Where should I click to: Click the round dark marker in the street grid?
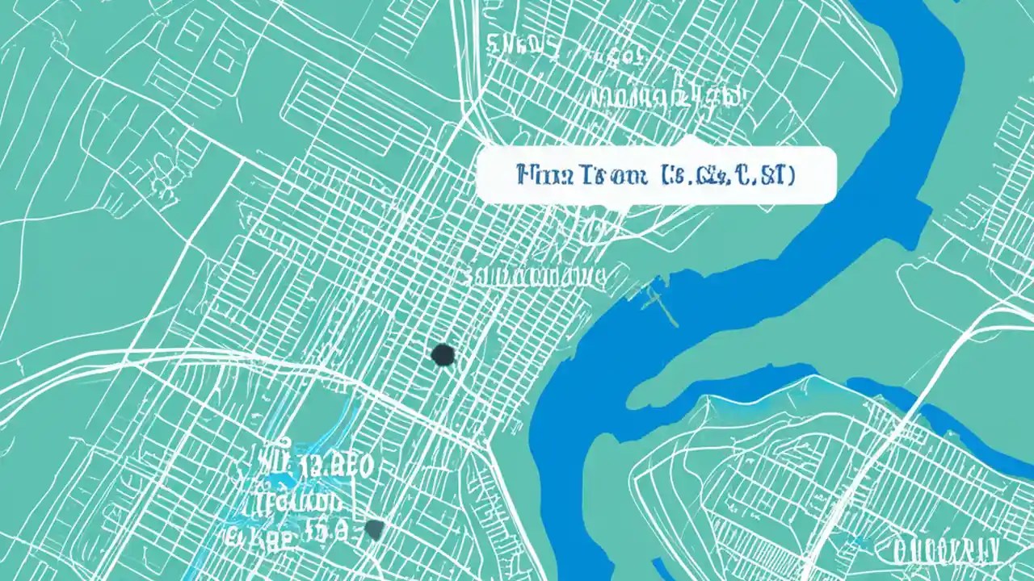443,354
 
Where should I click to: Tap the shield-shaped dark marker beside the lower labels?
374,529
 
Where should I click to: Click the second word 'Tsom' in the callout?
607,175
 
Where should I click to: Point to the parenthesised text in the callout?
727,175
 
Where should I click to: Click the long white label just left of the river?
534,277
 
